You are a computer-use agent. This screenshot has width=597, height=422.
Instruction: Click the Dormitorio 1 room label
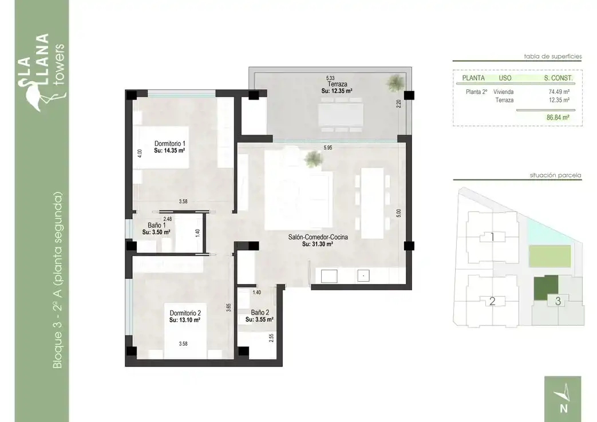coord(170,144)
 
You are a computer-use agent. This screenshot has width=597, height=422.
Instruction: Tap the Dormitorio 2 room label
coord(185,313)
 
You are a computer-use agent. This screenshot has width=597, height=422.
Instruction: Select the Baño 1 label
coord(156,226)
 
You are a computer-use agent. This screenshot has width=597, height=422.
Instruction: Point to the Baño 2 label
coord(260,313)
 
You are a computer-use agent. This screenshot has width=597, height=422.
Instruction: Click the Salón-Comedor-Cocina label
coord(318,237)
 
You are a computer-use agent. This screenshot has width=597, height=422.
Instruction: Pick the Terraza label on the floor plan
coord(337,84)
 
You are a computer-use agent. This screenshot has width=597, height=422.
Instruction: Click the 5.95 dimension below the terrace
coord(328,147)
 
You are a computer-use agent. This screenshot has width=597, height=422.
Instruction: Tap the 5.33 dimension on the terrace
coord(330,78)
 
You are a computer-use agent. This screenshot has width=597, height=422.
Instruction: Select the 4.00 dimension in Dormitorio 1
coord(139,153)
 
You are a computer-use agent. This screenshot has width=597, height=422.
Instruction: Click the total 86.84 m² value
coord(558,118)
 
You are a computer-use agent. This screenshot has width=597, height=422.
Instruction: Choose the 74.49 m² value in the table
coord(559,92)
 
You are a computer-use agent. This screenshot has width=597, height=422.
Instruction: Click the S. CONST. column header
coord(558,78)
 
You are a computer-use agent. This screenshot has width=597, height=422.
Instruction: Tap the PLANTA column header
coord(473,78)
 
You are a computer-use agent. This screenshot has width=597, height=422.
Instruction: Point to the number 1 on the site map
coord(492,237)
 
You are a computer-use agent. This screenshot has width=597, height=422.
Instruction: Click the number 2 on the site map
coord(492,301)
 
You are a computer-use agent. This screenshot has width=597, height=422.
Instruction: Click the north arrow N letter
coord(563,408)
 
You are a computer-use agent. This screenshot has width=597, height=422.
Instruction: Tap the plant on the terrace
coord(395,82)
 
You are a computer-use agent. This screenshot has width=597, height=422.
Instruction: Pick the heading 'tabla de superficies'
coord(553,56)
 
